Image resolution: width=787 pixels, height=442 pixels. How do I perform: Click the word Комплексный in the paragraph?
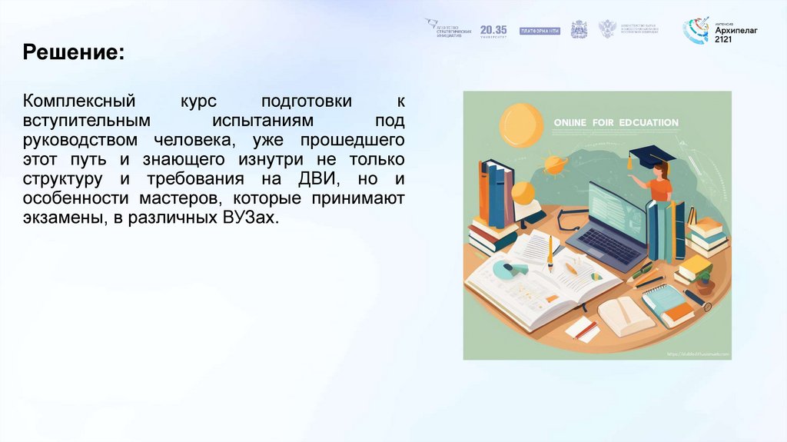[x=79, y=102]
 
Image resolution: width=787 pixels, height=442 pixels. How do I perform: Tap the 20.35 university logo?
[x=493, y=31]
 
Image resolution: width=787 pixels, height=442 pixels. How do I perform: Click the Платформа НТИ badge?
[x=540, y=31]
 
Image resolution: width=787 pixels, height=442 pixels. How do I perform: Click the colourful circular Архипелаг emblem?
[x=697, y=31]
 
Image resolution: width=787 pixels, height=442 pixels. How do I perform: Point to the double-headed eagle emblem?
[x=607, y=29]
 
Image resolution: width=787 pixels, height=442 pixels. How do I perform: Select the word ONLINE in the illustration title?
[x=570, y=122]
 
